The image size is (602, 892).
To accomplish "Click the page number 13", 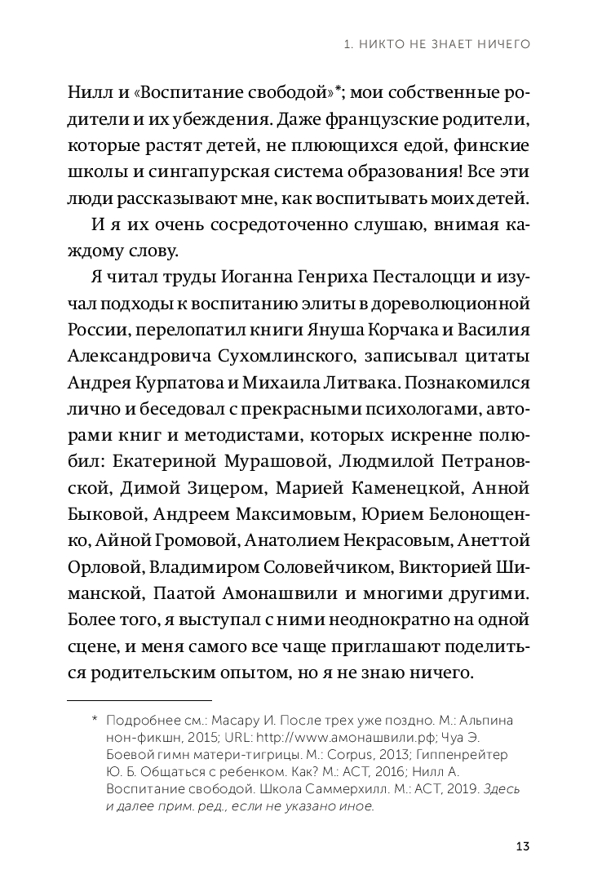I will pyautogui.click(x=523, y=845).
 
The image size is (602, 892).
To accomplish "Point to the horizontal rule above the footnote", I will pyautogui.click(x=138, y=700).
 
